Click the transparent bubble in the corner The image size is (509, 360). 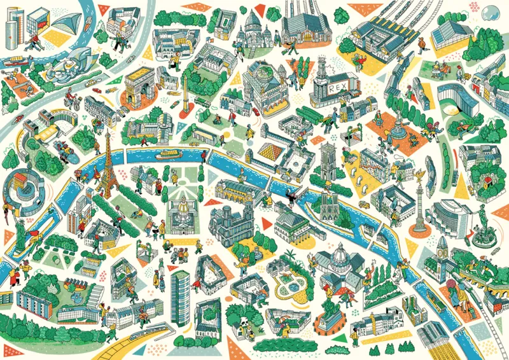pos(491,13)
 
